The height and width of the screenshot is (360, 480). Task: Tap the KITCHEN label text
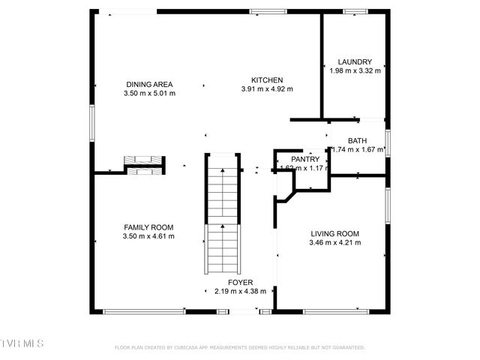266,79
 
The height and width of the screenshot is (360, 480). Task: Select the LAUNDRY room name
355,62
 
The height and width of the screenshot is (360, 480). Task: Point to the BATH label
357,140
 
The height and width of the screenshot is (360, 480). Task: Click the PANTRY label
305,159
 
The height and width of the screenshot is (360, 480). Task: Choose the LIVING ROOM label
335,233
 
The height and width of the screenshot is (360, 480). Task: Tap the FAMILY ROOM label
148,227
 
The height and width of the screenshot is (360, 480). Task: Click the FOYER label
240,282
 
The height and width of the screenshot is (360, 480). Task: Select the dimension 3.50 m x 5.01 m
149,94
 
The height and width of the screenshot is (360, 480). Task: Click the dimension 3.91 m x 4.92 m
266,89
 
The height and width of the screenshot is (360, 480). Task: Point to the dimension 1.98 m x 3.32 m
355,71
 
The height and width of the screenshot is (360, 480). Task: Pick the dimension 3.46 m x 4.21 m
335,242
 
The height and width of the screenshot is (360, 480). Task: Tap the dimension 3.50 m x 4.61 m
148,236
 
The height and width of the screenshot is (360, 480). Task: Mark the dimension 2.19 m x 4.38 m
240,291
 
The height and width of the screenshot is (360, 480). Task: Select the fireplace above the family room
143,165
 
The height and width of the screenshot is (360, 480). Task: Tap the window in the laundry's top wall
353,11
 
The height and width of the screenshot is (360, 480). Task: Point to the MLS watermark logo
22,343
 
